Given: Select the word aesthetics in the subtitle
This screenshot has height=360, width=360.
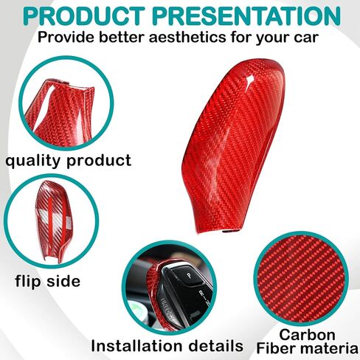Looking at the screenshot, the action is pyautogui.click(x=187, y=38).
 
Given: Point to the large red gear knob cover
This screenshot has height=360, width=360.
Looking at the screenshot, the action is pyautogui.click(x=234, y=145).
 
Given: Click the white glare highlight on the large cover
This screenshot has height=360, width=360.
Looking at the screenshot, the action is pyautogui.click(x=250, y=80).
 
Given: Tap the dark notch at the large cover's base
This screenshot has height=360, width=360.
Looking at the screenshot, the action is pyautogui.click(x=231, y=231).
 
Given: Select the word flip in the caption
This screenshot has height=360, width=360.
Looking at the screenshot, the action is pyautogui.click(x=28, y=280).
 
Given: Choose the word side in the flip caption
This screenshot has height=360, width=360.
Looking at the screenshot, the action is pyautogui.click(x=63, y=280).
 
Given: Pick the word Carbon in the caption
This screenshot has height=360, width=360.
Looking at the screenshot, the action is pyautogui.click(x=307, y=335).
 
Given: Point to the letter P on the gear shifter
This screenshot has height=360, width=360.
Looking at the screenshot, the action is pyautogui.click(x=189, y=275).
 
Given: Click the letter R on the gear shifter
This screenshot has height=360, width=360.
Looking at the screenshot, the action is pyautogui.click(x=201, y=293).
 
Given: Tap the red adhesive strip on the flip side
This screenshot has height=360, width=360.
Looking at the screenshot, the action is pyautogui.click(x=50, y=215).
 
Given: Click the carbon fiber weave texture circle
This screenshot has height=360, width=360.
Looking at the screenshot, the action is pyautogui.click(x=301, y=279).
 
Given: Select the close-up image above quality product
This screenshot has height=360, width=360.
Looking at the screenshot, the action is pyautogui.click(x=66, y=103).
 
